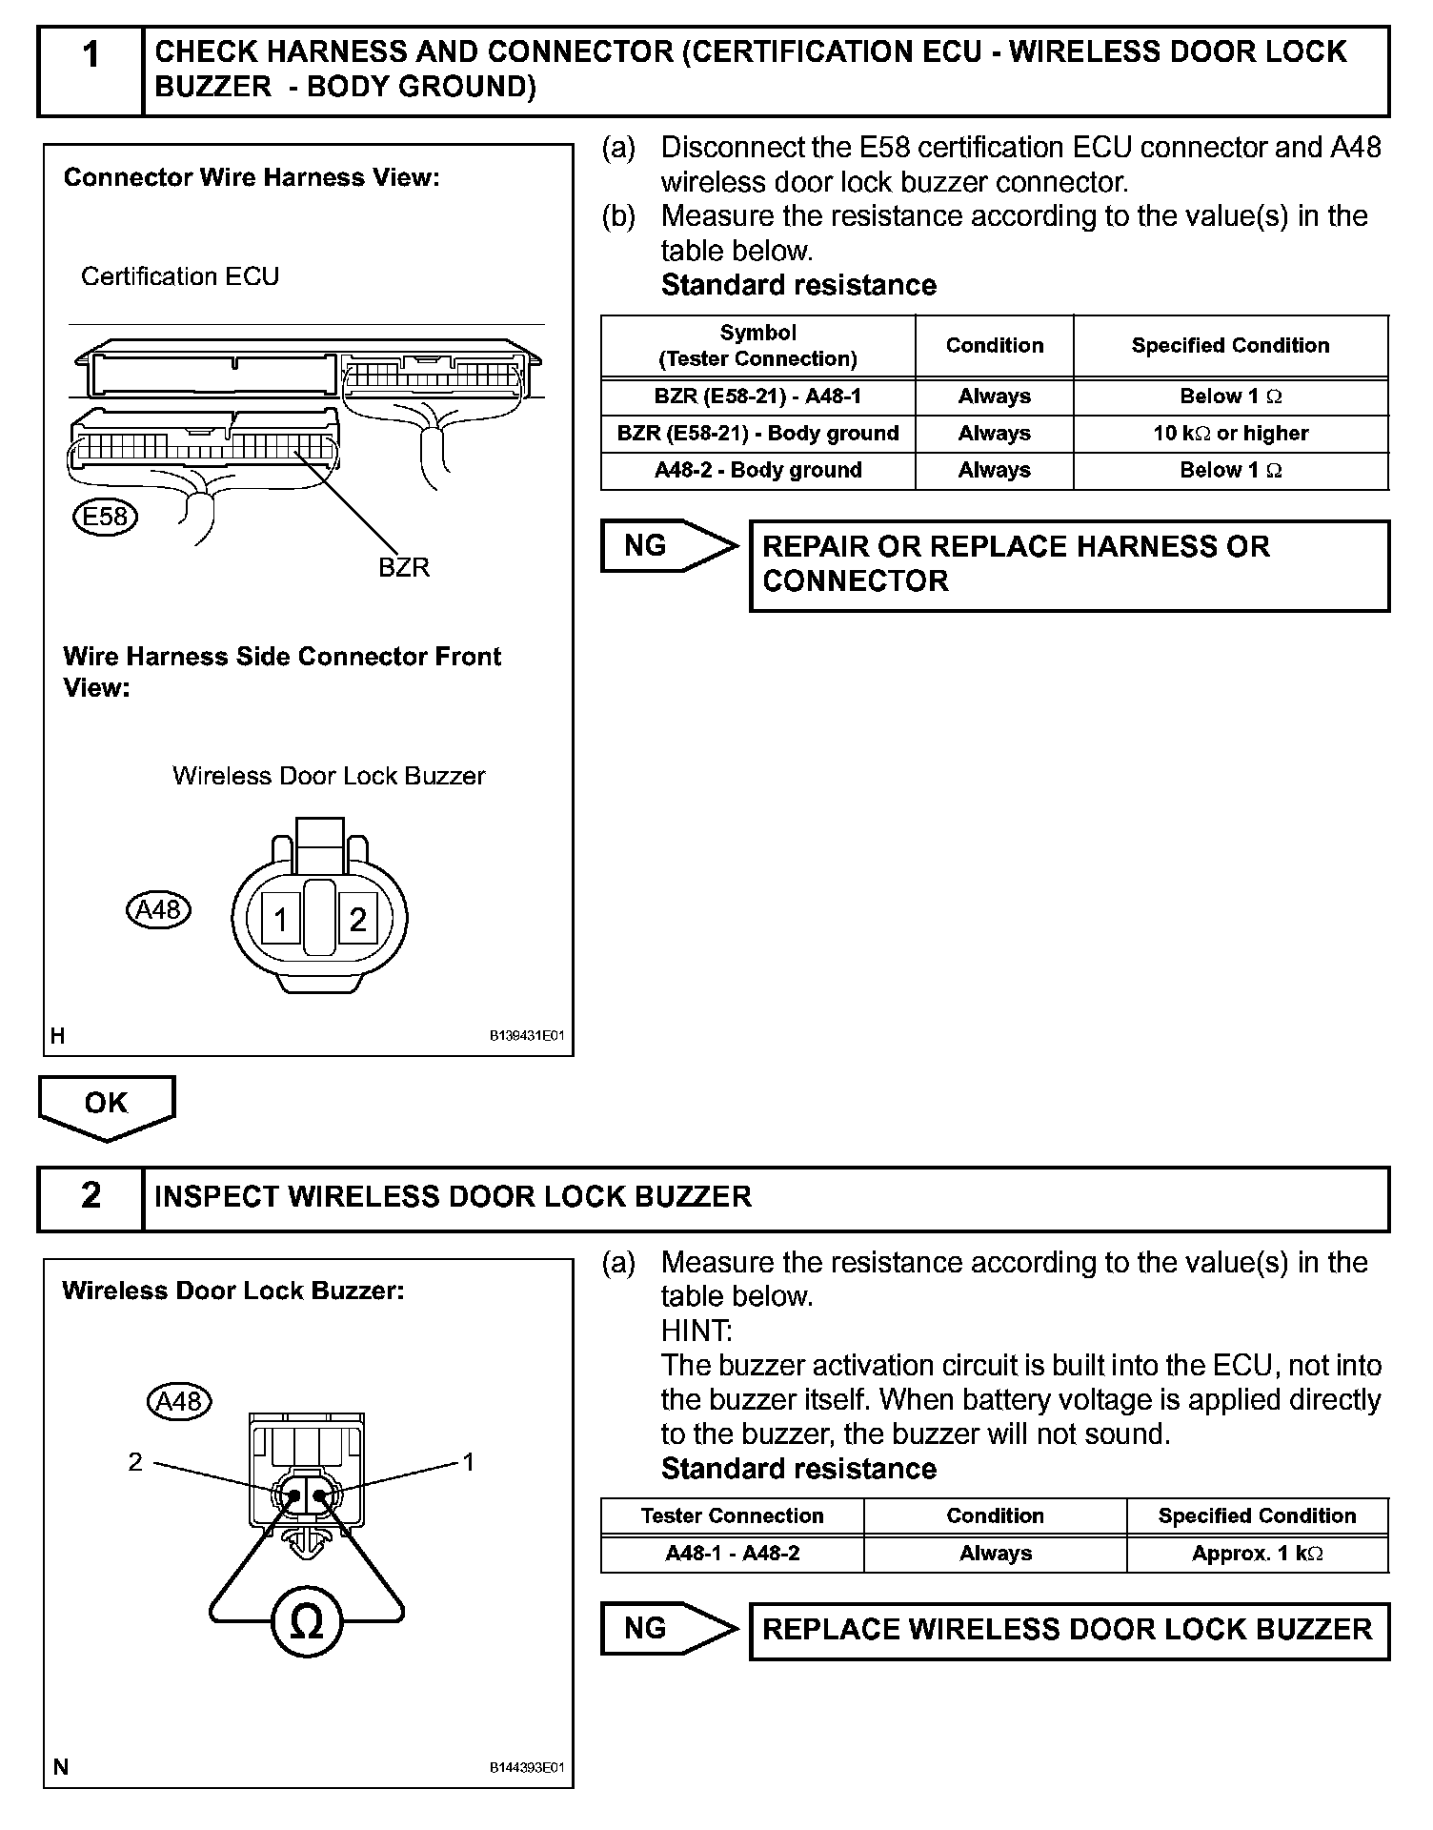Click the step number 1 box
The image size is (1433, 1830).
pyautogui.click(x=91, y=70)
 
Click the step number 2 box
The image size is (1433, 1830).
pyautogui.click(x=91, y=1197)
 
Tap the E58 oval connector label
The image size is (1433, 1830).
pyautogui.click(x=105, y=517)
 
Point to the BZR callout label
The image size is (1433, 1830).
pyautogui.click(x=404, y=567)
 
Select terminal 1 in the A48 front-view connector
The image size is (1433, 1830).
pyautogui.click(x=280, y=920)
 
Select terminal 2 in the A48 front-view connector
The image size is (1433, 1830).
pyautogui.click(x=357, y=920)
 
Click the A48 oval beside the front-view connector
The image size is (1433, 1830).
pyautogui.click(x=158, y=909)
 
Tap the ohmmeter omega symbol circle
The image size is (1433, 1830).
pyautogui.click(x=306, y=1622)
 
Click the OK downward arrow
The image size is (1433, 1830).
pyautogui.click(x=106, y=1107)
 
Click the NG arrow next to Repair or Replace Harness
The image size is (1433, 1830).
pyautogui.click(x=667, y=546)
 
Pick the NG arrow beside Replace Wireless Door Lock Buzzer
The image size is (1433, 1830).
pyautogui.click(x=667, y=1629)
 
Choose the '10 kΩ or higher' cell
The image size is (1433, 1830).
pyautogui.click(x=1230, y=434)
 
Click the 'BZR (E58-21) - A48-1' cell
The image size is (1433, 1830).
pyautogui.click(x=757, y=396)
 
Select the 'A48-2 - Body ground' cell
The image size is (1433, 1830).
pyautogui.click(x=757, y=471)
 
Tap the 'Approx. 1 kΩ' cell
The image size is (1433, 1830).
pyautogui.click(x=1257, y=1554)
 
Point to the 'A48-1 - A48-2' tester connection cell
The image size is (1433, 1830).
pyautogui.click(x=732, y=1554)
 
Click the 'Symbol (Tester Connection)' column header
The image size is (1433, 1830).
pyautogui.click(x=757, y=346)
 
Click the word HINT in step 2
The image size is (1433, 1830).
pyautogui.click(x=696, y=1331)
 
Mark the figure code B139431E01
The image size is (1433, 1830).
pyautogui.click(x=527, y=1036)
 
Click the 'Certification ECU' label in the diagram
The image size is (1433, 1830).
pyautogui.click(x=180, y=276)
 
